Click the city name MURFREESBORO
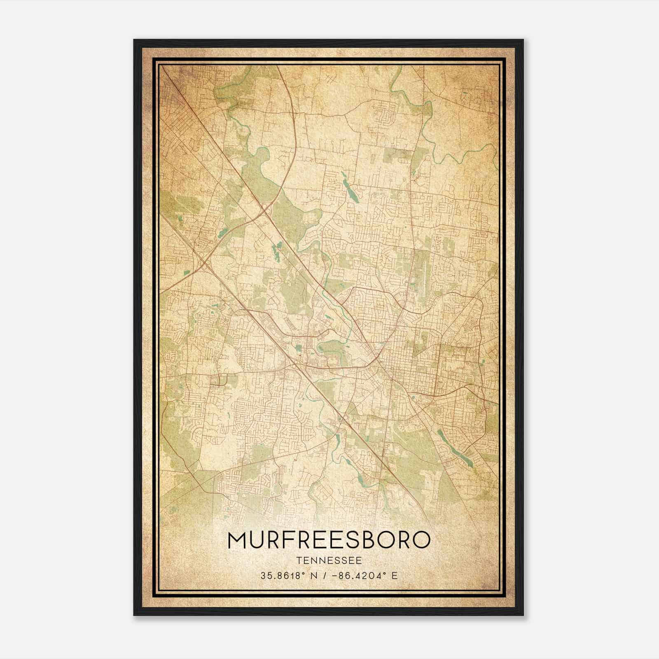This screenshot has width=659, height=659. (329, 540)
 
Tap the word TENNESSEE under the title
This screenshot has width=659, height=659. (329, 561)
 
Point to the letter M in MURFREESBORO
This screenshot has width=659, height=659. (237, 540)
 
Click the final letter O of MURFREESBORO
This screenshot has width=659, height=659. (421, 540)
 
